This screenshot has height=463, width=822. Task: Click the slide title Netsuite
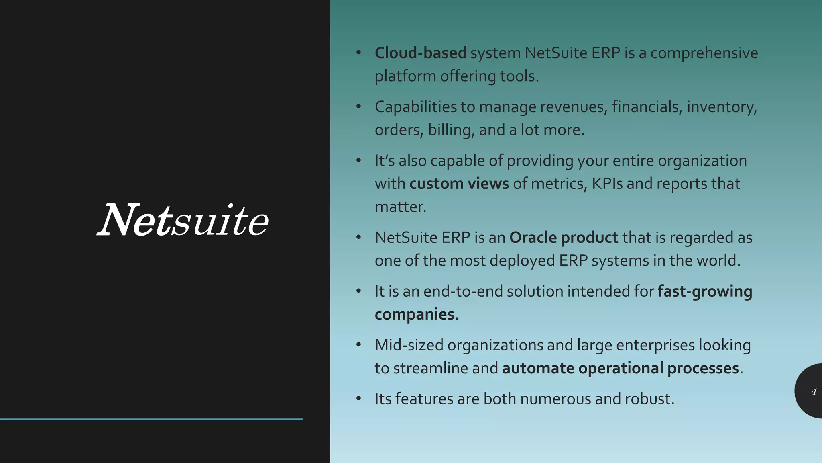click(x=183, y=220)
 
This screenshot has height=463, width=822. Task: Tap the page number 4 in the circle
click(x=814, y=391)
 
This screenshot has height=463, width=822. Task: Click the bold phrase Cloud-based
click(x=420, y=53)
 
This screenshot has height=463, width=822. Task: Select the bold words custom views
click(x=459, y=184)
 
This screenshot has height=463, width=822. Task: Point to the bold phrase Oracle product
click(x=564, y=238)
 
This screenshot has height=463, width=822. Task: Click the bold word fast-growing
click(x=705, y=291)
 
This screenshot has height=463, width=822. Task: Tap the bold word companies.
click(x=417, y=314)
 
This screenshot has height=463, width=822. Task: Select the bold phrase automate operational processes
click(x=621, y=368)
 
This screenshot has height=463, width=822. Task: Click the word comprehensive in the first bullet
click(x=704, y=53)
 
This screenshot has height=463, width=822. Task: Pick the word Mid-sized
click(x=409, y=345)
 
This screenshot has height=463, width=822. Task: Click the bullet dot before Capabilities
click(x=359, y=107)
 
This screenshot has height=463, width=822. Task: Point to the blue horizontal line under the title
click(x=151, y=419)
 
